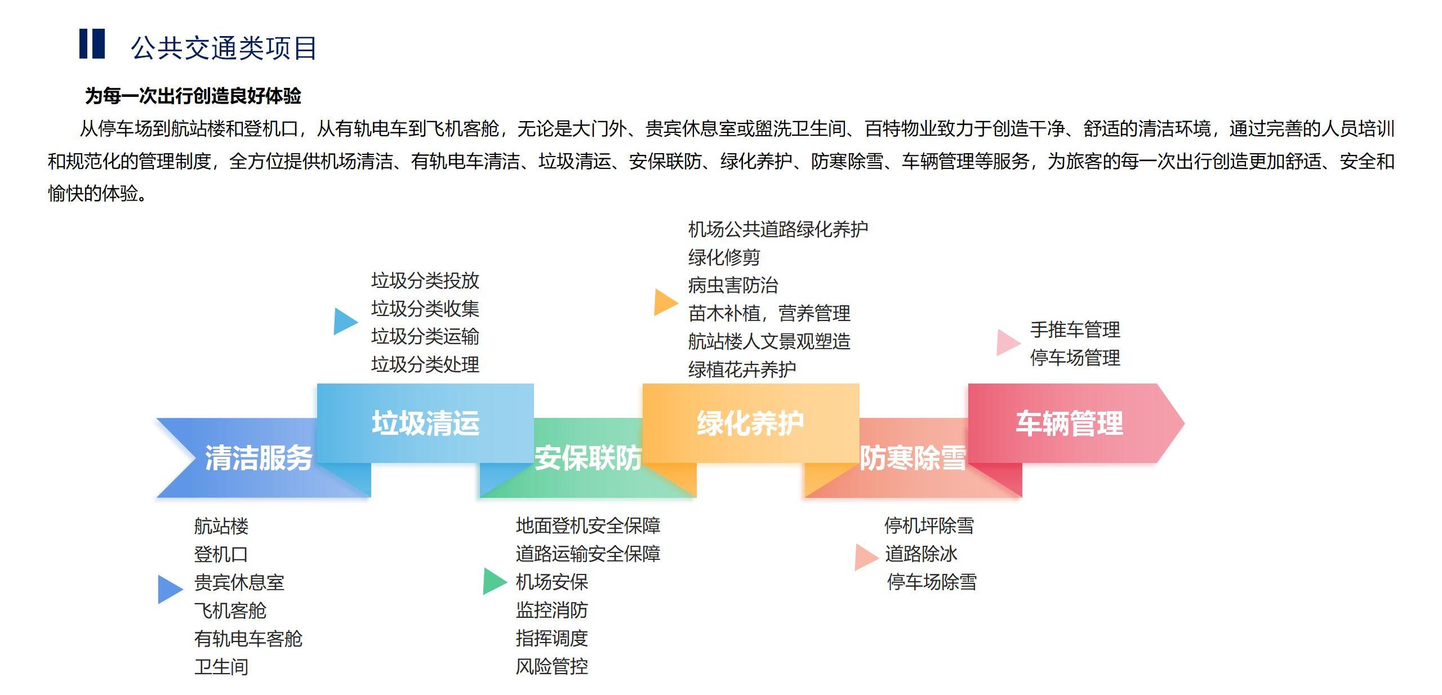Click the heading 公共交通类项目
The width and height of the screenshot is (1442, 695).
pos(224,48)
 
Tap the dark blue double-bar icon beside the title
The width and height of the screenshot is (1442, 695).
pos(92,44)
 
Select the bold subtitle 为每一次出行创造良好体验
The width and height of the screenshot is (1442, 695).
pos(193,96)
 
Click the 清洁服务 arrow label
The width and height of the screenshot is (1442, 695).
pos(258,457)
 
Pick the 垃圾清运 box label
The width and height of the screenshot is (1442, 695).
pos(425,423)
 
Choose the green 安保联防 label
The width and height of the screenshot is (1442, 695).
pos(588,457)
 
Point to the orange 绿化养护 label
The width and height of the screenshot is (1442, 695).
pos(750,423)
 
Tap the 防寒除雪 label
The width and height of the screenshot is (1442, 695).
pos(913,457)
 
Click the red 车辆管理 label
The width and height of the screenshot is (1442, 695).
pos(1069,423)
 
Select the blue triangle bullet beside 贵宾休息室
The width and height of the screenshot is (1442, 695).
pos(169,589)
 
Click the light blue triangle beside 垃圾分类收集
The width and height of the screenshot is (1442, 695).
pos(344,321)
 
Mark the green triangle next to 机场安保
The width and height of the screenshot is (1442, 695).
pos(494,581)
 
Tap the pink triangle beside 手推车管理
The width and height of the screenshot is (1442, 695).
pos(1007,342)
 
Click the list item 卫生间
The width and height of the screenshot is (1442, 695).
pos(221,667)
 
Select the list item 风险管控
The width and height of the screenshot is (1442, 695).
pos(551,667)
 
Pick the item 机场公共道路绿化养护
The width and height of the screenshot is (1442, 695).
pos(778,229)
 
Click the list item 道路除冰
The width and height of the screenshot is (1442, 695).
pos(921,554)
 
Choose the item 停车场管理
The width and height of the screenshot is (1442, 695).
pos(1075,358)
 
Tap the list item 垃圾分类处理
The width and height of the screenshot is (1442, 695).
pos(425,364)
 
